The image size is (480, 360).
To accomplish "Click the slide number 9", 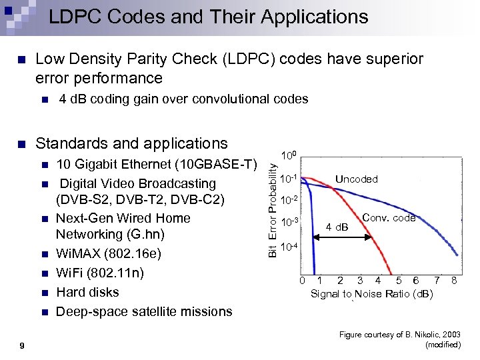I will [22, 344].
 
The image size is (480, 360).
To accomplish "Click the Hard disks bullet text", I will [87, 292].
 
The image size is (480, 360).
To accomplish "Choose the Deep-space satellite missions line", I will [144, 311].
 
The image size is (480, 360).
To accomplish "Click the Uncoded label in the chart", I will [356, 179].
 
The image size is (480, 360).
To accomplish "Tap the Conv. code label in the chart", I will [389, 218].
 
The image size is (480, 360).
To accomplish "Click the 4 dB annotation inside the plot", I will [337, 227].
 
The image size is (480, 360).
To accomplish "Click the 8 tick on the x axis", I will [454, 280].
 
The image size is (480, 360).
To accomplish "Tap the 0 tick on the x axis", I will [301, 280].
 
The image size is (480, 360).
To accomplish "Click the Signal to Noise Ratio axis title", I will [371, 294].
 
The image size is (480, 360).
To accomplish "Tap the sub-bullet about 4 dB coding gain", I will [183, 99].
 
